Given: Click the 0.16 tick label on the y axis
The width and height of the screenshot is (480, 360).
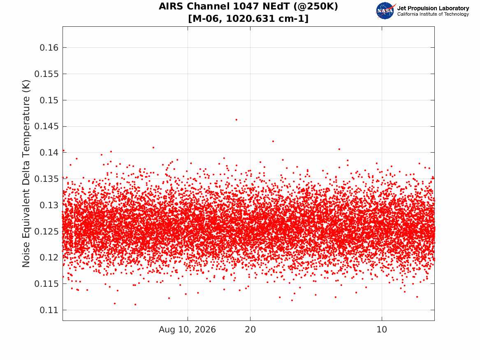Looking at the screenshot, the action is (x=49, y=47).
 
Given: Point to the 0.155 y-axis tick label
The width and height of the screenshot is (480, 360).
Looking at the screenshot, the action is (x=46, y=74).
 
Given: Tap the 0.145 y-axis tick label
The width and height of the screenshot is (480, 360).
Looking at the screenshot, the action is (x=46, y=126).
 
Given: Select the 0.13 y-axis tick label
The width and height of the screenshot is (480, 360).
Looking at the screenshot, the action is (x=49, y=205).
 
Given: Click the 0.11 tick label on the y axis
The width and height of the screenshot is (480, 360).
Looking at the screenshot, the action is (x=49, y=310).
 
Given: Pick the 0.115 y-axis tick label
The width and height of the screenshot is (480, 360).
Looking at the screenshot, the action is (x=46, y=284).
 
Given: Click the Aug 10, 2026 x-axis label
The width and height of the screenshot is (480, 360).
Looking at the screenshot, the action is (x=187, y=330).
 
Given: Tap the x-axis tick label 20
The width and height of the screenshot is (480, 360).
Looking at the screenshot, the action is (x=250, y=330).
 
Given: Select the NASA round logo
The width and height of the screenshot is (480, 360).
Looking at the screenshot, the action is (x=385, y=11).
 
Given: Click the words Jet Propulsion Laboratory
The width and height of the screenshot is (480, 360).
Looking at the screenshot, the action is (x=433, y=8).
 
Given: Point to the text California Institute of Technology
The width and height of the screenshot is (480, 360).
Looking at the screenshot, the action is (x=433, y=14).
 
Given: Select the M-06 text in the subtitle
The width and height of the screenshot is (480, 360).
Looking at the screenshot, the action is (x=207, y=19).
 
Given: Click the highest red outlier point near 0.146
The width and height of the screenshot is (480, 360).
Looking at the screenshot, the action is (x=237, y=120).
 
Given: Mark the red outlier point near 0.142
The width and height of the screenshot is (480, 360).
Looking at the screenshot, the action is (x=273, y=141).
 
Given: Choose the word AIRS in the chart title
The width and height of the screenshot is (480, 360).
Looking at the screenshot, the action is (x=171, y=6).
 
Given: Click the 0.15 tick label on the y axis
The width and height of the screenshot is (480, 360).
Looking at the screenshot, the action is (x=49, y=100).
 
